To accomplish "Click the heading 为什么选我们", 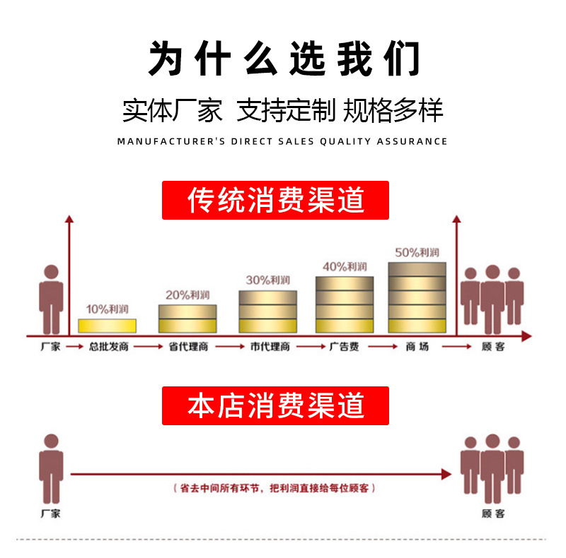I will point(283,58).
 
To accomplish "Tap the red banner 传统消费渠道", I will point(276,201).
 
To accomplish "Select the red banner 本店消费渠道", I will point(276,405).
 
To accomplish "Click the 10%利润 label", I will point(107,309).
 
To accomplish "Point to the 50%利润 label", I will point(417,252).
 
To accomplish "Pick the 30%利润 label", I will point(267,280).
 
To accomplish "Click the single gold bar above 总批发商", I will point(107,326).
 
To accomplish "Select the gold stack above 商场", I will point(417,297).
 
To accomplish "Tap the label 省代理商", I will point(188,348).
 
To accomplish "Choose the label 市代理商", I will point(269,348).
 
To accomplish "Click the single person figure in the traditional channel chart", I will point(51,299).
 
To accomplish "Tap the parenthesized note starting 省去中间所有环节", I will point(275,488).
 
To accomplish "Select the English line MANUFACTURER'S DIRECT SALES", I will point(282,141).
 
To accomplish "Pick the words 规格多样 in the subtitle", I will point(393,110).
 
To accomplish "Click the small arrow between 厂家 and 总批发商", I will point(74,348).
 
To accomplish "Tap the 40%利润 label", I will point(345,266).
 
